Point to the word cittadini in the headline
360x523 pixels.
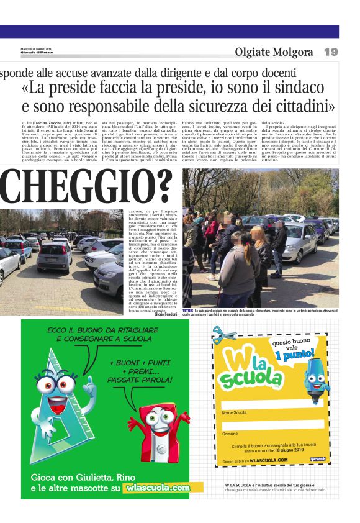300,106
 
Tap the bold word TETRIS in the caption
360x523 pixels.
188,309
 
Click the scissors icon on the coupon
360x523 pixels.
224,335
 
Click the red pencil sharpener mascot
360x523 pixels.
163,429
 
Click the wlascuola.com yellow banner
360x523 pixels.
157,488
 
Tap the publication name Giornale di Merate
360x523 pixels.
37,52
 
